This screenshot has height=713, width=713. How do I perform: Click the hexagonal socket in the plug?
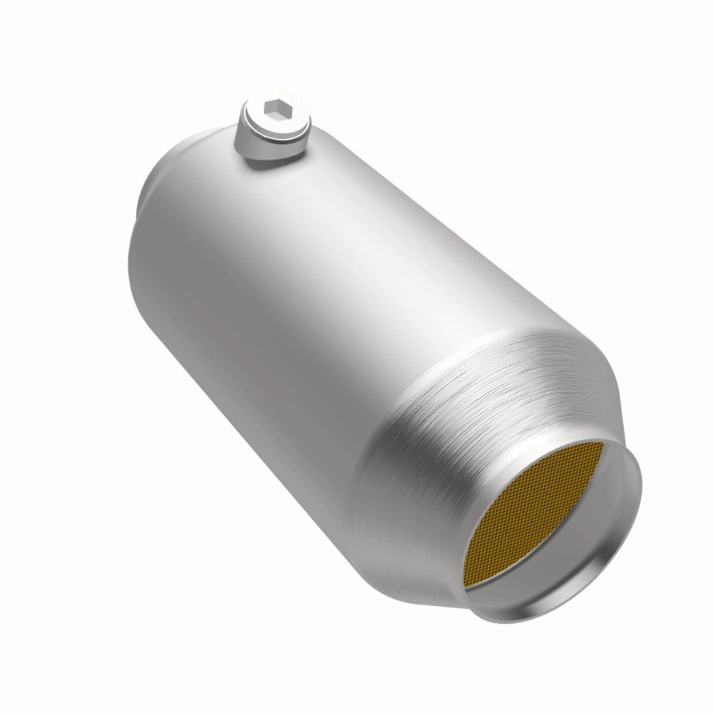[x=274, y=109]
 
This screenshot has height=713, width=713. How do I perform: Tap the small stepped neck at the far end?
[x=140, y=207]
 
